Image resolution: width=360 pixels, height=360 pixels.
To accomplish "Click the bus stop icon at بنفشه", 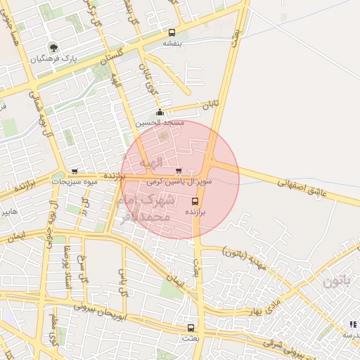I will coord(172,32).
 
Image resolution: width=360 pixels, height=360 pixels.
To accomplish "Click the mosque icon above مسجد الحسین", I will coord(160,112).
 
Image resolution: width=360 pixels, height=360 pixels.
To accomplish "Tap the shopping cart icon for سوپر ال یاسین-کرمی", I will coord(178,171).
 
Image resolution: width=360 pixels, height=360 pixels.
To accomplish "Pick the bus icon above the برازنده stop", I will coord(195,201).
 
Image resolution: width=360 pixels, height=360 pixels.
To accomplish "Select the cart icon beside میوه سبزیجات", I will coord(75,172).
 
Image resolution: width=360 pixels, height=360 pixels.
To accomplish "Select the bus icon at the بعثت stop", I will coord(191,328).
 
